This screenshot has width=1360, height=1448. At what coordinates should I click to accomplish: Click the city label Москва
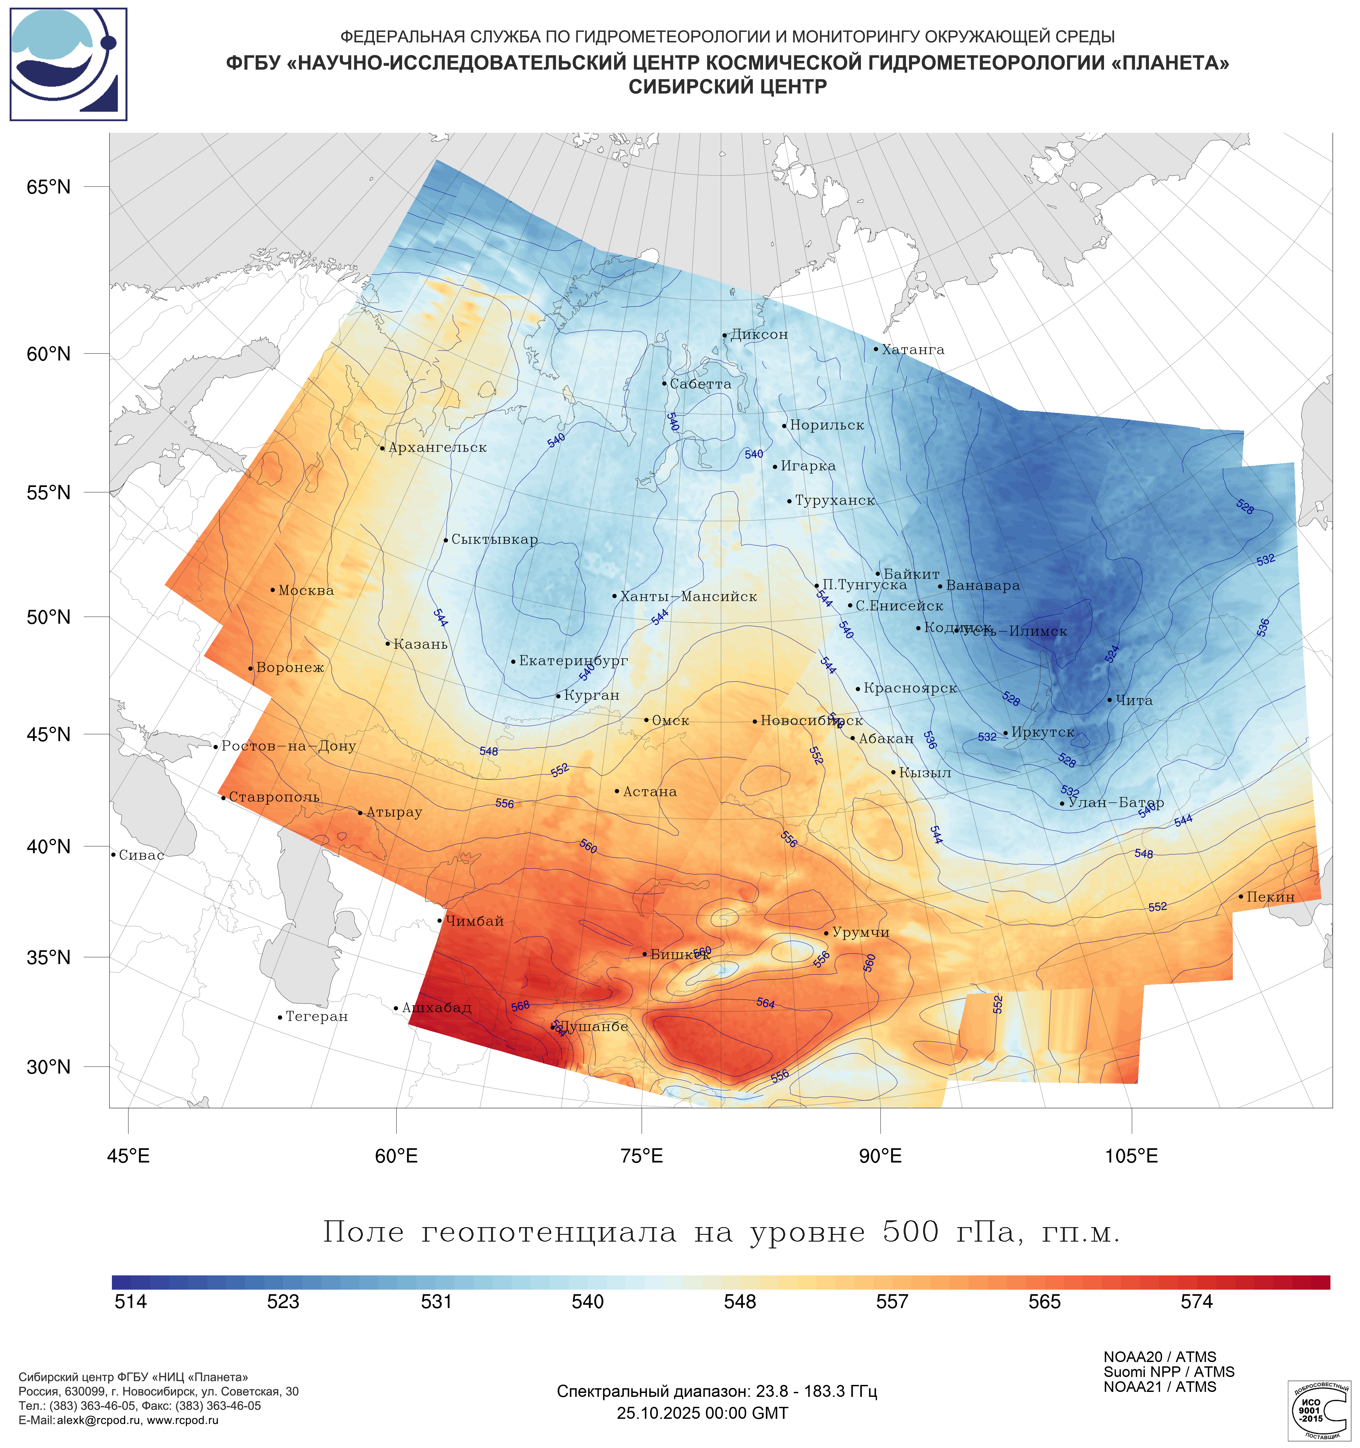[x=306, y=591]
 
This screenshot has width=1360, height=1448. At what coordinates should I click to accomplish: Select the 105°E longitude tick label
[x=1131, y=1156]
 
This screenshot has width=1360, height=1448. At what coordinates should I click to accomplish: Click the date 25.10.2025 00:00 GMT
[x=702, y=1413]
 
